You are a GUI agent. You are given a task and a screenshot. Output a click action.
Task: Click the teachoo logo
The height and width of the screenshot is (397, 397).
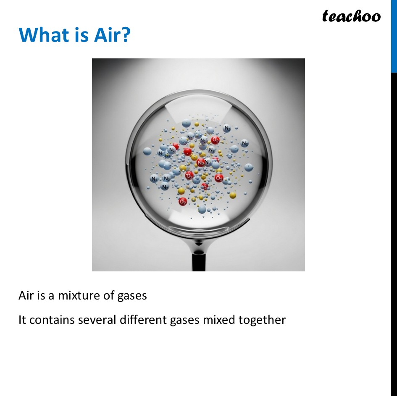click(x=351, y=16)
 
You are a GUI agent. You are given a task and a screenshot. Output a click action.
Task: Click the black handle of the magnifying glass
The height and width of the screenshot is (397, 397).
click(x=198, y=260)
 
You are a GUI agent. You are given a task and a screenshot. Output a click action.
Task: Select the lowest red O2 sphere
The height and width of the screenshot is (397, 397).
click(x=183, y=202)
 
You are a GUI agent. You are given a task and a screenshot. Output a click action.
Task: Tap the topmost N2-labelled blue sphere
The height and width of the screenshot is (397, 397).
click(x=227, y=128)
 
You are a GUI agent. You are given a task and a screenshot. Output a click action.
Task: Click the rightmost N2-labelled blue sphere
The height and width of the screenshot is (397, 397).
click(x=245, y=144)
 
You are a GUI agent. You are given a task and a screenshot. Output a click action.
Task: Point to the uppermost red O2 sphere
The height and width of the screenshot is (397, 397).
click(x=215, y=140)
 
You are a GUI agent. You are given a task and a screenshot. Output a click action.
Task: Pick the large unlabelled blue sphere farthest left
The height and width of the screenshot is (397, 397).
click(x=147, y=151)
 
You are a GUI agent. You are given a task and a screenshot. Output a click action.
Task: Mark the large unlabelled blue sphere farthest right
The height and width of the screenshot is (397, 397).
click(x=249, y=168)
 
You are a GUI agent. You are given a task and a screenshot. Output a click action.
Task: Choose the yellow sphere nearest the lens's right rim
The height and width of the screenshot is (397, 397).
click(x=233, y=195)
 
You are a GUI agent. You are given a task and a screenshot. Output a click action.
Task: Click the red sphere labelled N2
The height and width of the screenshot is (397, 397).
click(x=201, y=162)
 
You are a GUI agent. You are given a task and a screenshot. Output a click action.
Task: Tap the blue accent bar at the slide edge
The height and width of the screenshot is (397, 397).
click(x=394, y=36)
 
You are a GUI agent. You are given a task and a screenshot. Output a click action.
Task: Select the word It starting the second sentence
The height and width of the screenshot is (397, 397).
click(x=22, y=320)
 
